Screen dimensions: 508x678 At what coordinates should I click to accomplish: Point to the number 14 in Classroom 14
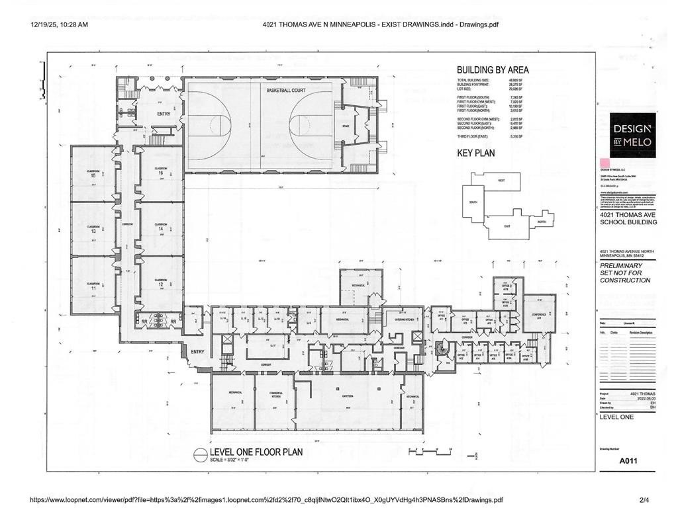(x=160, y=228)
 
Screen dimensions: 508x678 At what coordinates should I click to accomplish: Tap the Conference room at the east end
(x=539, y=314)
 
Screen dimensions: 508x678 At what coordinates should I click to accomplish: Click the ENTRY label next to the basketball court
(x=164, y=114)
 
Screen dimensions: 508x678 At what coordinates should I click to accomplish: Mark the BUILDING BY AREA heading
(x=492, y=69)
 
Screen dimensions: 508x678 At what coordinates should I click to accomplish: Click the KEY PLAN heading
(x=475, y=153)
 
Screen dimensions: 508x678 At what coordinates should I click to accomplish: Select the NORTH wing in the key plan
(x=541, y=222)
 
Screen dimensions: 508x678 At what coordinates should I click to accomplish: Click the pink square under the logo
(x=604, y=162)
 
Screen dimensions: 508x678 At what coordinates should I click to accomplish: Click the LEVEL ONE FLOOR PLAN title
(x=256, y=452)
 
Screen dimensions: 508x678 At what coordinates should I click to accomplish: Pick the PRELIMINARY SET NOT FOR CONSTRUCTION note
(x=624, y=273)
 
